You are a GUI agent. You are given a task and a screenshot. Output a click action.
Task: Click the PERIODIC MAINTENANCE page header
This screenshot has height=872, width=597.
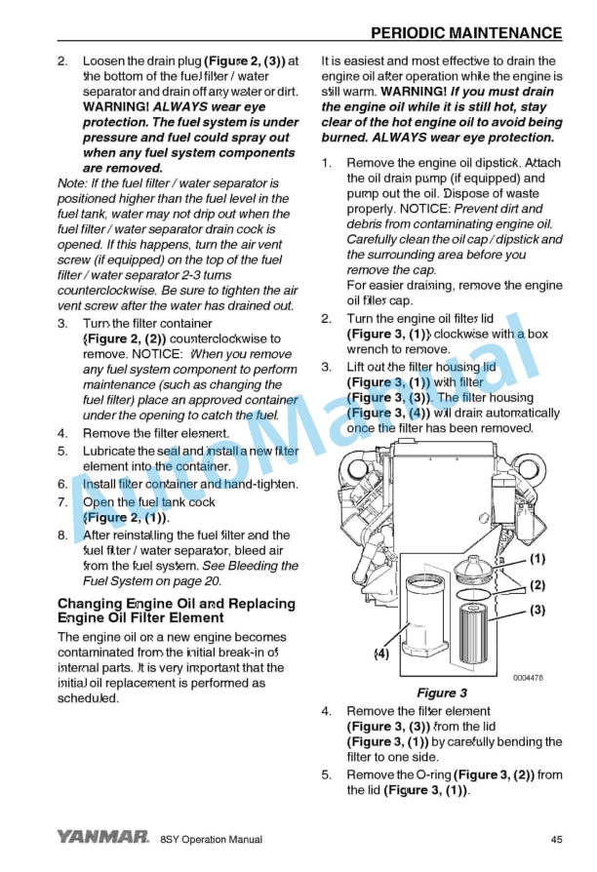click(466, 33)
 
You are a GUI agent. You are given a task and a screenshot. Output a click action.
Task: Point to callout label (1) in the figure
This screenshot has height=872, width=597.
click(537, 560)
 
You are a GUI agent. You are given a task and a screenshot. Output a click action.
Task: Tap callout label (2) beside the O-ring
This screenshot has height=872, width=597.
click(537, 585)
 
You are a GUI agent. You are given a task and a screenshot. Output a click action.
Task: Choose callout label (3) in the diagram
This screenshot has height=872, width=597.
click(537, 611)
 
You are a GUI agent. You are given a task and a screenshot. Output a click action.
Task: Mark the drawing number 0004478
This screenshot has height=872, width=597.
click(528, 678)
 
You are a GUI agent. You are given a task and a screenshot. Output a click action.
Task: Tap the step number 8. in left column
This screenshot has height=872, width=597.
click(62, 535)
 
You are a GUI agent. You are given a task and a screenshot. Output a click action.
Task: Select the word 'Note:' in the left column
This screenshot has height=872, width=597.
click(73, 183)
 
